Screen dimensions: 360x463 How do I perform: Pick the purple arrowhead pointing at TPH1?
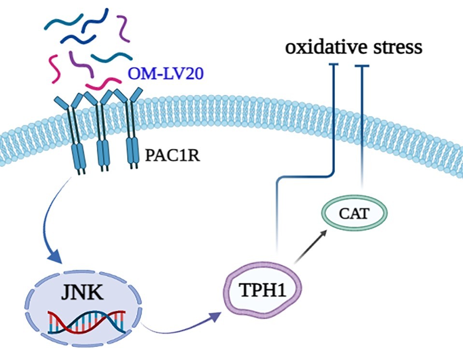click(x=215, y=316)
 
